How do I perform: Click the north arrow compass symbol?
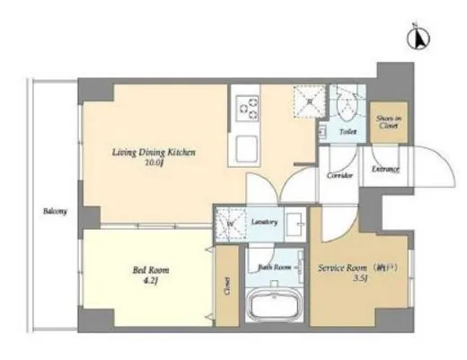[418, 38]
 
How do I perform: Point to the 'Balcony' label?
[55, 212]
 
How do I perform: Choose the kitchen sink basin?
[244, 147]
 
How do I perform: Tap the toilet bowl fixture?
[343, 107]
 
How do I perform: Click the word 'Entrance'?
[386, 169]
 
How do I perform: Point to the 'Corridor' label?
[339, 177]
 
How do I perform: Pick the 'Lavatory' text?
[263, 221]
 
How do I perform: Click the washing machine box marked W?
[230, 224]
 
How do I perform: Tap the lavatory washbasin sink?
[295, 224]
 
